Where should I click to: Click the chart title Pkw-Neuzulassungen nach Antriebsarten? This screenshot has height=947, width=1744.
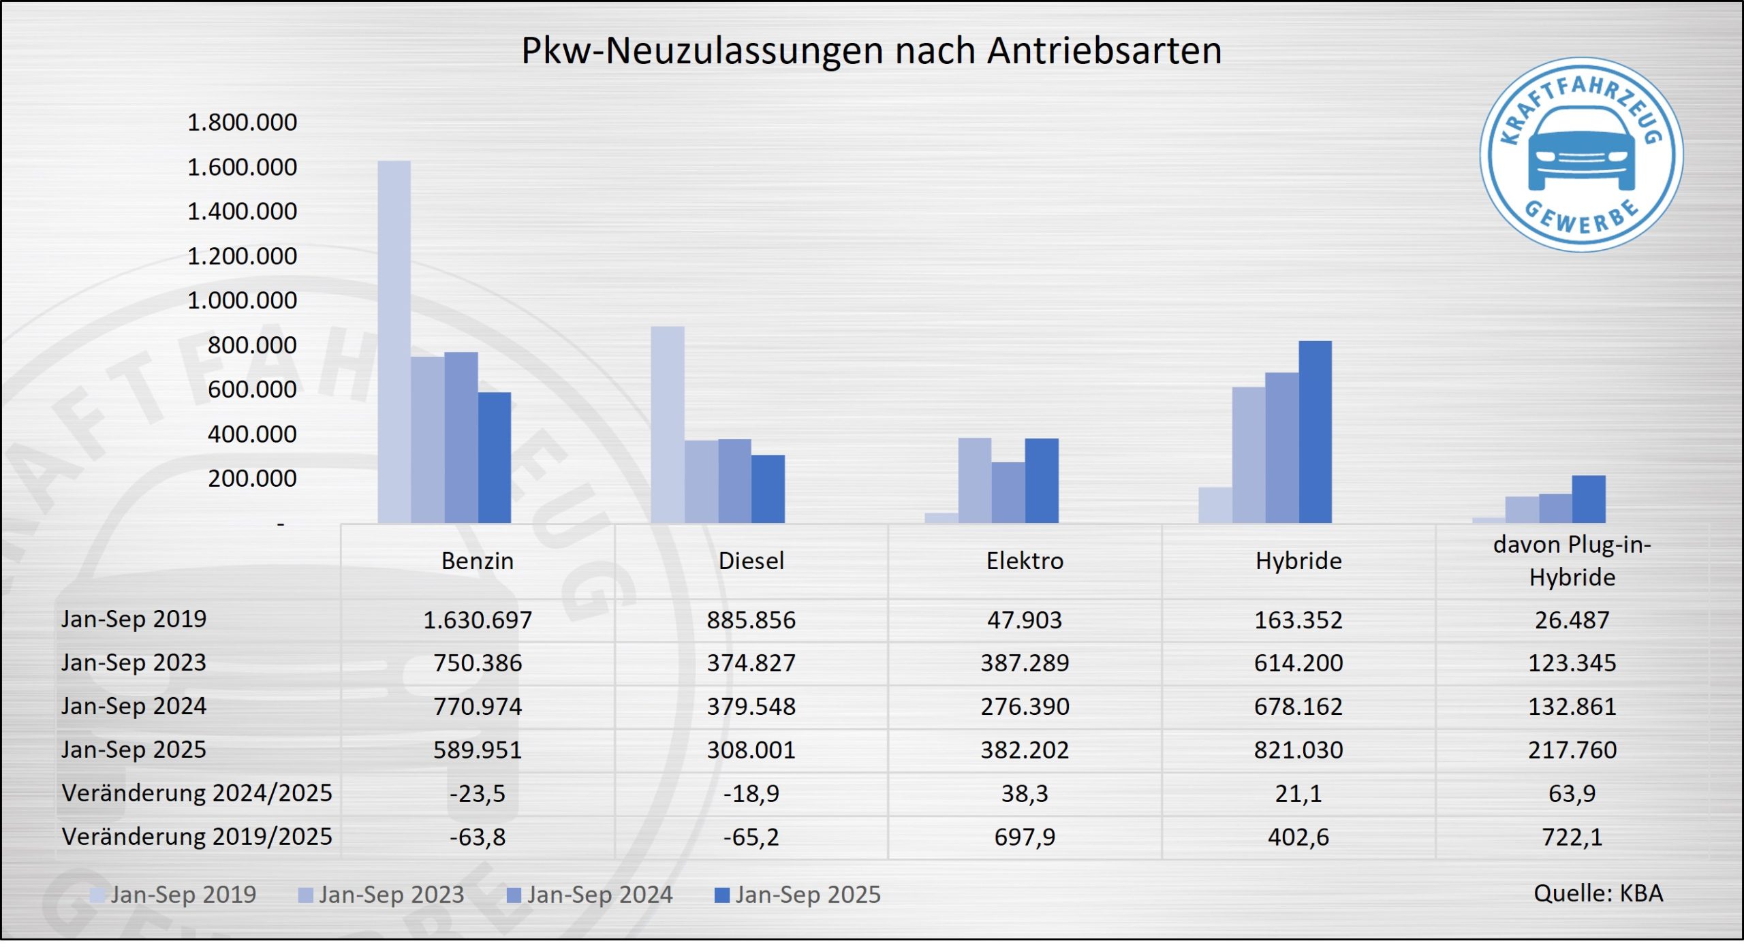871,50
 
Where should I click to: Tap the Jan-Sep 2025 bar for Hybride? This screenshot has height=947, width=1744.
1315,432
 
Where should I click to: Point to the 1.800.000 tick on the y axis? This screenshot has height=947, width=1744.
242,123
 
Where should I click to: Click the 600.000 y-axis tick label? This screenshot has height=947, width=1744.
252,389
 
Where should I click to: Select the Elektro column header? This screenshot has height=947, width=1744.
1025,561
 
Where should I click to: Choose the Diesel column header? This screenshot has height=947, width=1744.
751,561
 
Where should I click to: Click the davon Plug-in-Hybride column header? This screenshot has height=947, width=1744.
1572,561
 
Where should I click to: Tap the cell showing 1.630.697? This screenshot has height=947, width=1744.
478,620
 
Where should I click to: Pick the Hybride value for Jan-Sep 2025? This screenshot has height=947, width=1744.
1298,750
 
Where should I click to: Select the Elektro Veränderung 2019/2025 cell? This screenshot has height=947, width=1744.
1025,837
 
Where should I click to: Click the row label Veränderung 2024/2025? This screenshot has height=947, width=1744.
197,793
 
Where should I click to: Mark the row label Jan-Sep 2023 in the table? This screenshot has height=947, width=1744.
134,662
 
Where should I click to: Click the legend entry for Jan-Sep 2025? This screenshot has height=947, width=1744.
798,895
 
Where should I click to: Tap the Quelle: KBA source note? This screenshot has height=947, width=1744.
1598,893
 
